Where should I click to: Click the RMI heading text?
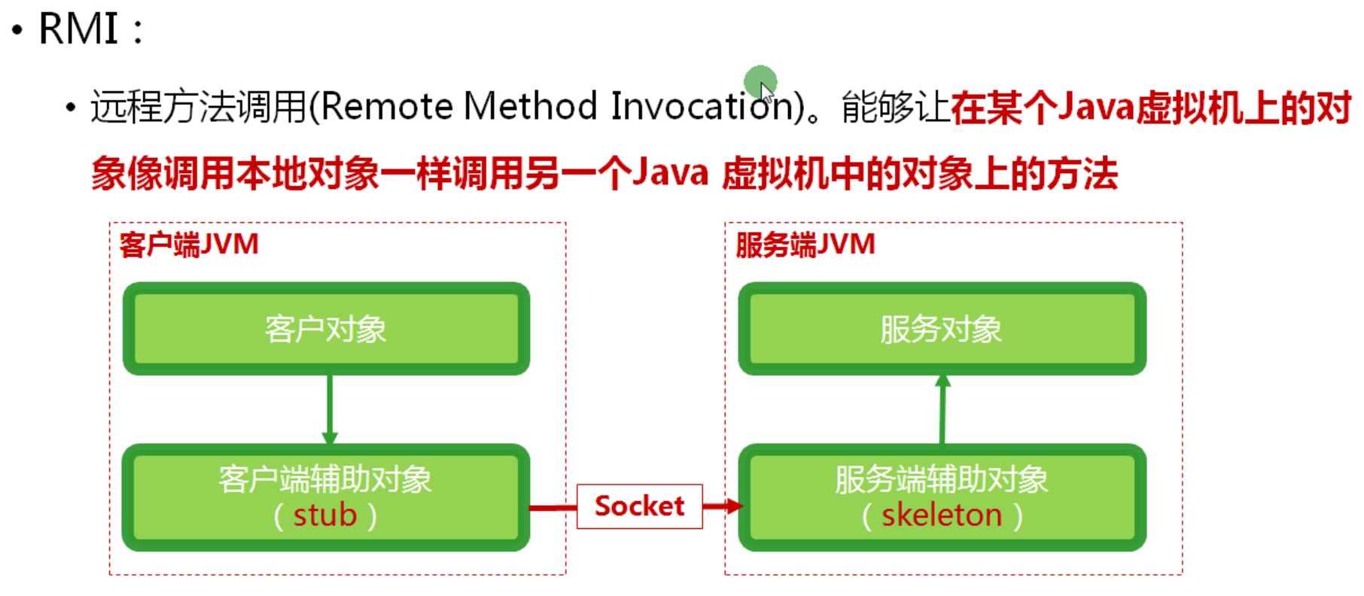[78, 29]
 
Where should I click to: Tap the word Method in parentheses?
[530, 106]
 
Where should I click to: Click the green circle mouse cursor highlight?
[760, 81]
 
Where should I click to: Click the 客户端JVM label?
[189, 245]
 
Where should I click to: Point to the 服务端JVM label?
[805, 245]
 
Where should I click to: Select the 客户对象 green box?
[326, 329]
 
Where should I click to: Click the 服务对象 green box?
[942, 329]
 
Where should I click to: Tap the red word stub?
[325, 515]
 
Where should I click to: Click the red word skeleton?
[942, 515]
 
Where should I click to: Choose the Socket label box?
[639, 506]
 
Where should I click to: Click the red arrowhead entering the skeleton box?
[733, 506]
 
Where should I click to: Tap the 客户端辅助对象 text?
[325, 479]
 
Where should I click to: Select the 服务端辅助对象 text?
[942, 479]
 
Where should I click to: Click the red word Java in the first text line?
[1096, 108]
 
